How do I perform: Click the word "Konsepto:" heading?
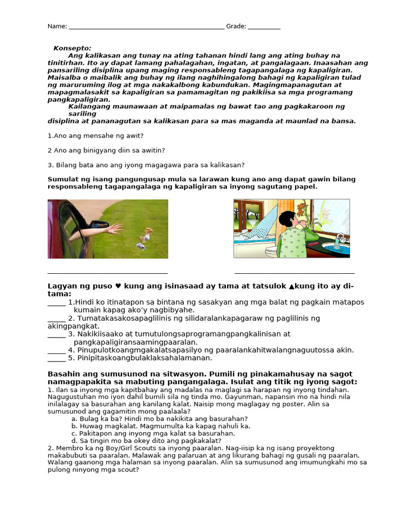click(72, 48)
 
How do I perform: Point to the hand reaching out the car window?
click(112, 229)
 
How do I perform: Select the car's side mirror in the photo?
click(98, 224)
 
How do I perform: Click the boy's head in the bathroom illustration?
click(289, 220)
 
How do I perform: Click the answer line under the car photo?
click(108, 273)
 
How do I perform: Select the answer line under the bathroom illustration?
click(294, 273)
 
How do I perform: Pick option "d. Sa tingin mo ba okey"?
click(146, 440)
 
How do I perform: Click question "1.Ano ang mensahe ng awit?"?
click(95, 136)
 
